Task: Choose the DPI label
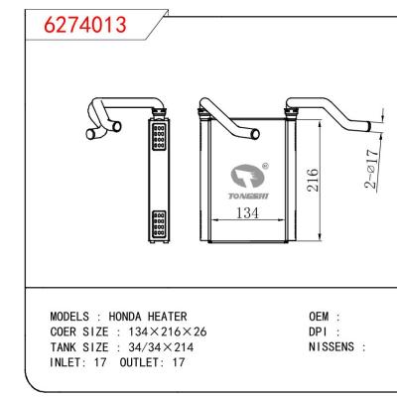pos(321,331)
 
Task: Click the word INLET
pos(66,362)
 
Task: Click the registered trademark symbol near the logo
pos(263,166)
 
